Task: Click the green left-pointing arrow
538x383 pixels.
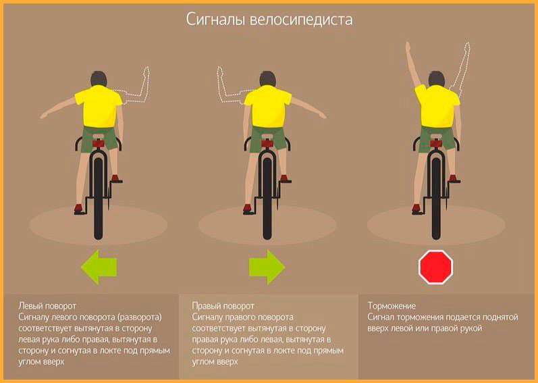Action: (x=99, y=267)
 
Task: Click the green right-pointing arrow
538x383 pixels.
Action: (x=267, y=267)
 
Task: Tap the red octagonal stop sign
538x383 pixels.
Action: (x=436, y=267)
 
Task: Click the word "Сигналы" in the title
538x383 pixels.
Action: (x=215, y=20)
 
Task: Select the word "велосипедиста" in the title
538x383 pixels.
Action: (x=301, y=20)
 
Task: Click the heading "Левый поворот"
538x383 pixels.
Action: (x=47, y=306)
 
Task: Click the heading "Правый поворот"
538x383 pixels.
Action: (x=223, y=306)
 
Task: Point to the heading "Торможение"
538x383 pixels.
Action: (x=392, y=306)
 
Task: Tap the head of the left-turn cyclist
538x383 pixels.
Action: (x=99, y=79)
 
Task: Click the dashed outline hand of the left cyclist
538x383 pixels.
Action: (x=146, y=73)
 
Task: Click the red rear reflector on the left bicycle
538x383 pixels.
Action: (x=98, y=143)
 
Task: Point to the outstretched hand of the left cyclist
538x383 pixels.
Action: (x=45, y=116)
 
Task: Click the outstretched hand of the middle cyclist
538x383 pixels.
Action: (x=322, y=116)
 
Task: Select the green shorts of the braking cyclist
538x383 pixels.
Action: (x=437, y=138)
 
